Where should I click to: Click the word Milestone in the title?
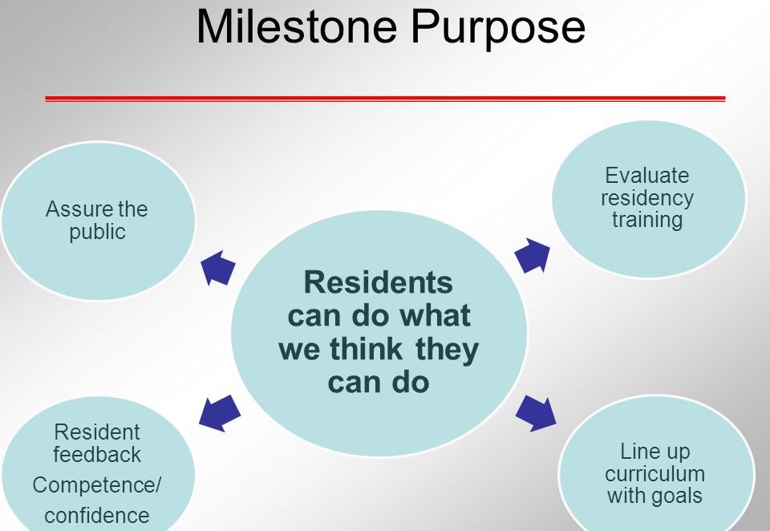(x=297, y=27)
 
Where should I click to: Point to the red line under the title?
(x=385, y=99)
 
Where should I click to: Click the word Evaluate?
(x=646, y=176)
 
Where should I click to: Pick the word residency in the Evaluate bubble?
(x=647, y=198)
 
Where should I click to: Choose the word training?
(x=647, y=220)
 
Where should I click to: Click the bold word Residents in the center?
(x=378, y=282)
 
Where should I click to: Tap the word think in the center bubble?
(x=366, y=349)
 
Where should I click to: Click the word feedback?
(x=97, y=454)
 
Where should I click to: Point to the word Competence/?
(x=97, y=485)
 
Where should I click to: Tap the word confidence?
(x=97, y=516)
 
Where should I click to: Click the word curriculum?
(x=655, y=474)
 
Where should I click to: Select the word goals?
(x=677, y=497)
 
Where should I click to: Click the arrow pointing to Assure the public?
(x=218, y=268)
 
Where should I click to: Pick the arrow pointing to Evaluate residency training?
(x=533, y=255)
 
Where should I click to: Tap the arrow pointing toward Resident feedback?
(x=220, y=413)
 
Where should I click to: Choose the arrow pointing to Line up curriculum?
(x=536, y=413)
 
